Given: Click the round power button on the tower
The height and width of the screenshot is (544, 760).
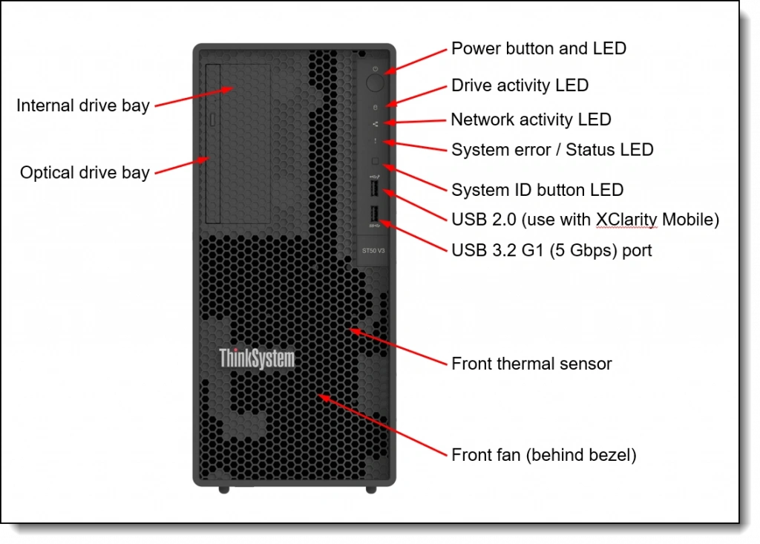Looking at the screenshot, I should [x=375, y=80].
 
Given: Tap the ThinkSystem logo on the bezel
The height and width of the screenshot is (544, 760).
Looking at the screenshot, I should [x=257, y=358].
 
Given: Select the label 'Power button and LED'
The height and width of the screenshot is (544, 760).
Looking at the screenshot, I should [x=539, y=49].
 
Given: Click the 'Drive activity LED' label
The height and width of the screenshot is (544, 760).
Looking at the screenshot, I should [x=520, y=85].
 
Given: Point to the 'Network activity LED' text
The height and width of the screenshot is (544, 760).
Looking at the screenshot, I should [x=531, y=119].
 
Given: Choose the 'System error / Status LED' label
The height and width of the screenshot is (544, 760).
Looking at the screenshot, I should [x=552, y=150].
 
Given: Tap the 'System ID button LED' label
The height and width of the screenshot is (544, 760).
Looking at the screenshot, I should [x=537, y=190].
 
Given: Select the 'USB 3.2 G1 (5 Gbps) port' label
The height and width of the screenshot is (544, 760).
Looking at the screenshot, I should [x=551, y=250].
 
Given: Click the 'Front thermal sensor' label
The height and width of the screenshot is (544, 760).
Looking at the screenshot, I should [x=531, y=364].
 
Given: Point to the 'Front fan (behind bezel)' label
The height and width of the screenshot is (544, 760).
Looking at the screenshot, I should [x=544, y=455].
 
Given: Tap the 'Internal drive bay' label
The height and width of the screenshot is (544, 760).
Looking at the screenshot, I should [x=83, y=105].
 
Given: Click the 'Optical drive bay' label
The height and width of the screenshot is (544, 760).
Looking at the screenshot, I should [x=85, y=173].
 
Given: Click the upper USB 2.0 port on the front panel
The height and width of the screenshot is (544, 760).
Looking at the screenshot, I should [x=373, y=190].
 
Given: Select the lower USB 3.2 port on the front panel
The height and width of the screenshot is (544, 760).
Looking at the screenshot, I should [x=373, y=216].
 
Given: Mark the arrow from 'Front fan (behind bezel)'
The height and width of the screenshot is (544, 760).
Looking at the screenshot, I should [x=382, y=425].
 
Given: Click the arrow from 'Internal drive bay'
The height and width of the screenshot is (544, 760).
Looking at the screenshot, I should [x=194, y=97].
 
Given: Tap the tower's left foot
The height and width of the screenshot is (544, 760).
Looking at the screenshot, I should [x=223, y=490].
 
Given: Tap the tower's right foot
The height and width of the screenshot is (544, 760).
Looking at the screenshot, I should [x=371, y=490].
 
